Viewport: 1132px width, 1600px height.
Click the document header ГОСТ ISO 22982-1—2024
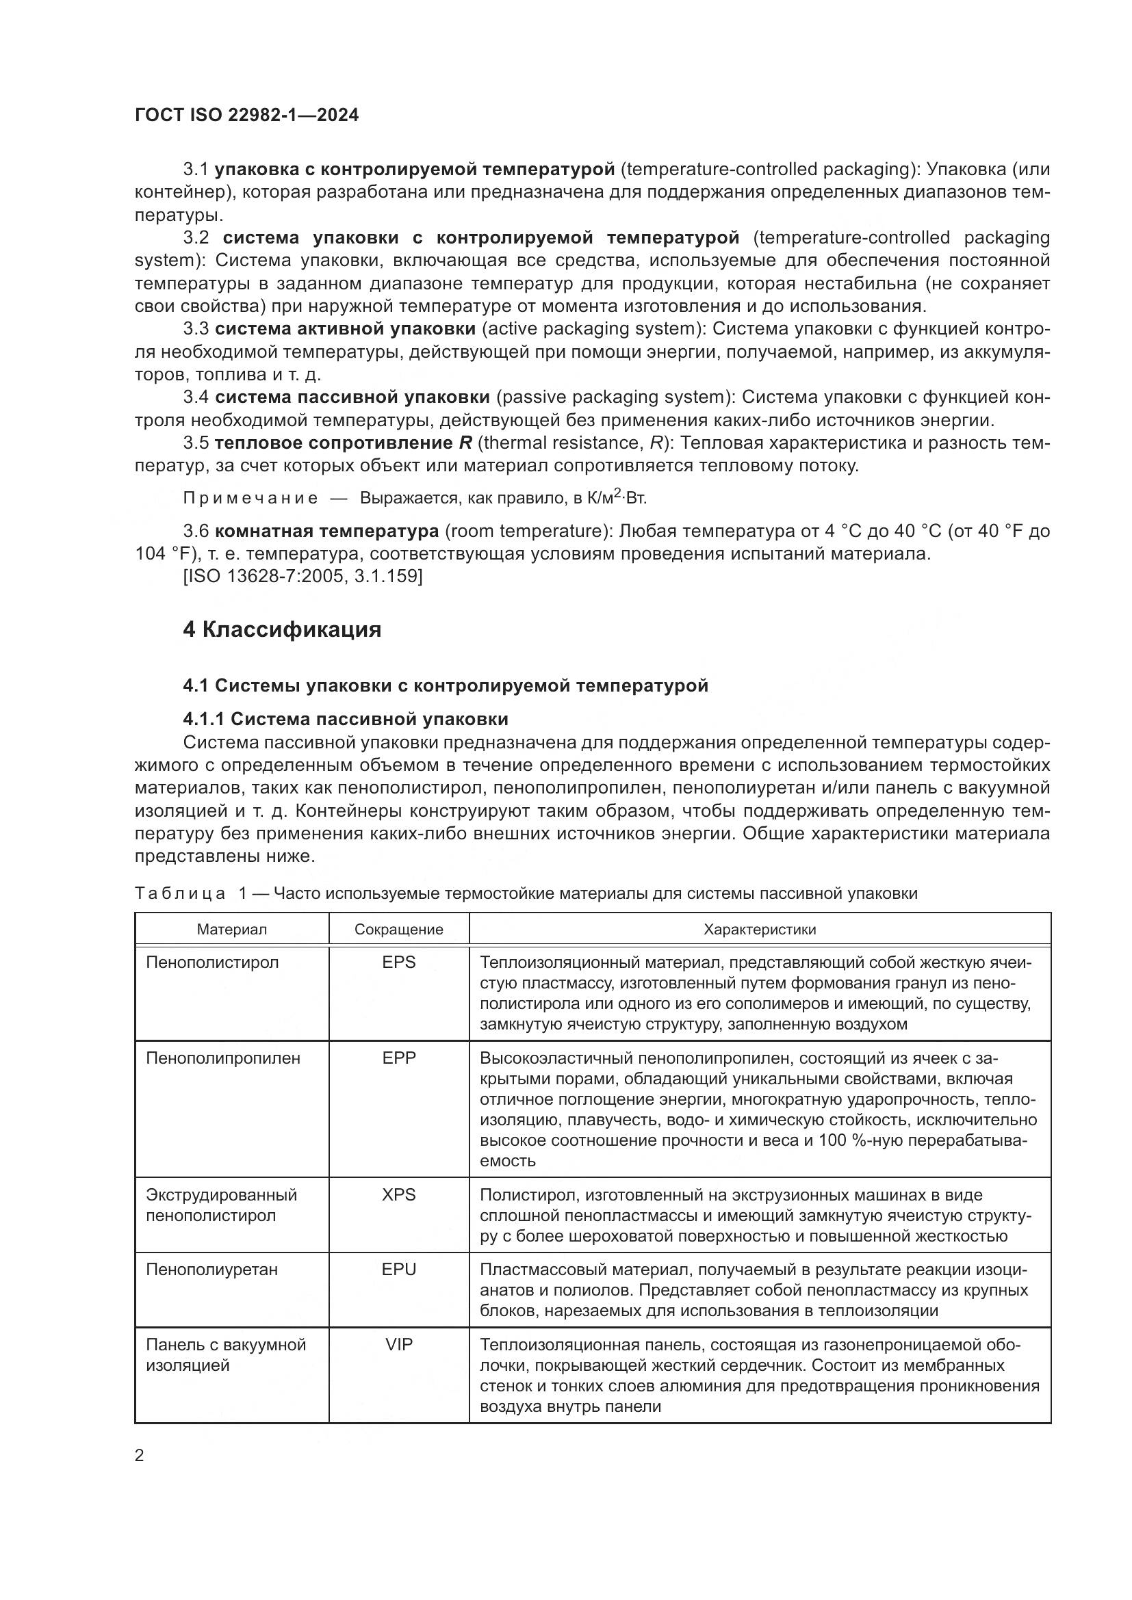pyautogui.click(x=247, y=116)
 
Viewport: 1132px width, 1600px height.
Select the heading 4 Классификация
pyautogui.click(x=281, y=630)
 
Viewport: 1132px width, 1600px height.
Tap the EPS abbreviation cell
pyautogui.click(x=399, y=962)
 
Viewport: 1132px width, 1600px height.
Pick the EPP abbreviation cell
pyautogui.click(x=399, y=1058)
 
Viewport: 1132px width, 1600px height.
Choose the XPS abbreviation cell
pyautogui.click(x=399, y=1194)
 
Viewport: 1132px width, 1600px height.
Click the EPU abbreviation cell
pyautogui.click(x=399, y=1269)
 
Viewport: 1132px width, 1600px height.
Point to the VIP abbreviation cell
pyautogui.click(x=399, y=1344)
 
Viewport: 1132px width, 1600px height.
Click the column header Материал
pyautogui.click(x=231, y=929)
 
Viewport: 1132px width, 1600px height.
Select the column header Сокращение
pyautogui.click(x=399, y=929)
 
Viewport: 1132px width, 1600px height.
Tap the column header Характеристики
pyautogui.click(x=760, y=929)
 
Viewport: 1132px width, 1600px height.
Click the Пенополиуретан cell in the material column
pyautogui.click(x=212, y=1269)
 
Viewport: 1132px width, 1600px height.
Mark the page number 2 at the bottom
pyautogui.click(x=140, y=1456)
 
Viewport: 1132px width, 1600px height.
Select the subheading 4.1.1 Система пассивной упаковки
pyautogui.click(x=346, y=718)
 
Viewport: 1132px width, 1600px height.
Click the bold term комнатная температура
pyautogui.click(x=327, y=531)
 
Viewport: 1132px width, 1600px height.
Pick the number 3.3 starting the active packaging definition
pyautogui.click(x=196, y=329)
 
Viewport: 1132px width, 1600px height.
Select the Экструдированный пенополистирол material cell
pyautogui.click(x=221, y=1205)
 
